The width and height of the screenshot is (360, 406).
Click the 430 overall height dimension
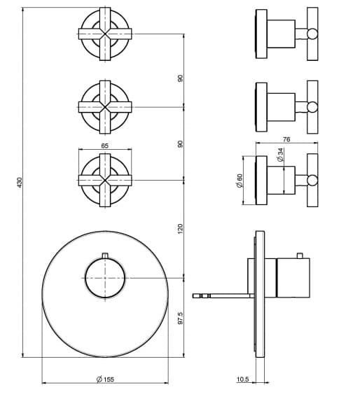[20, 182]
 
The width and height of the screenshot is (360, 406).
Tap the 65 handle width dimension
[104, 146]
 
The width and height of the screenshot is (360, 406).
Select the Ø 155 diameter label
[105, 379]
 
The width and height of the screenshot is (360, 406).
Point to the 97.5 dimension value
[180, 318]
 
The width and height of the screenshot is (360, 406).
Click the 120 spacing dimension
[180, 229]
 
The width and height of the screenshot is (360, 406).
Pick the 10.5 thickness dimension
[242, 379]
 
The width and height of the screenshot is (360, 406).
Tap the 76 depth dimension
[286, 139]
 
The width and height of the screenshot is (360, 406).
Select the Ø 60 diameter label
[239, 181]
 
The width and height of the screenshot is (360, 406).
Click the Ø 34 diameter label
[280, 155]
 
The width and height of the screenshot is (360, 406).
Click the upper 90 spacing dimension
[180, 78]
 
